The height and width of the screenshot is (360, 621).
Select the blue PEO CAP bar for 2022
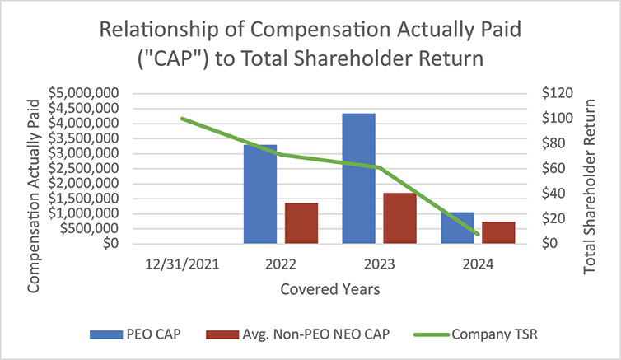(260, 194)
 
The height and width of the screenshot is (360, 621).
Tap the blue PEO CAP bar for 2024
(457, 228)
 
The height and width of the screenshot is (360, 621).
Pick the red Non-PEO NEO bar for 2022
(301, 223)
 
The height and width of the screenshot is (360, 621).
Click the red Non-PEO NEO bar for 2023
(399, 218)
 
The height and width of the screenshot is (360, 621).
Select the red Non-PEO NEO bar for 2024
(498, 233)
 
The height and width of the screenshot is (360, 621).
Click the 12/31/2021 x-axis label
(183, 264)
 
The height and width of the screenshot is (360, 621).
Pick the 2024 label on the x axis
(478, 264)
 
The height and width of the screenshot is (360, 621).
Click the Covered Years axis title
(329, 290)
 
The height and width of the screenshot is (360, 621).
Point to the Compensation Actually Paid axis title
(34, 168)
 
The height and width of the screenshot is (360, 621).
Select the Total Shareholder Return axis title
(590, 168)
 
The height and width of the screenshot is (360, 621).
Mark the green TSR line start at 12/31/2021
(182, 119)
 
